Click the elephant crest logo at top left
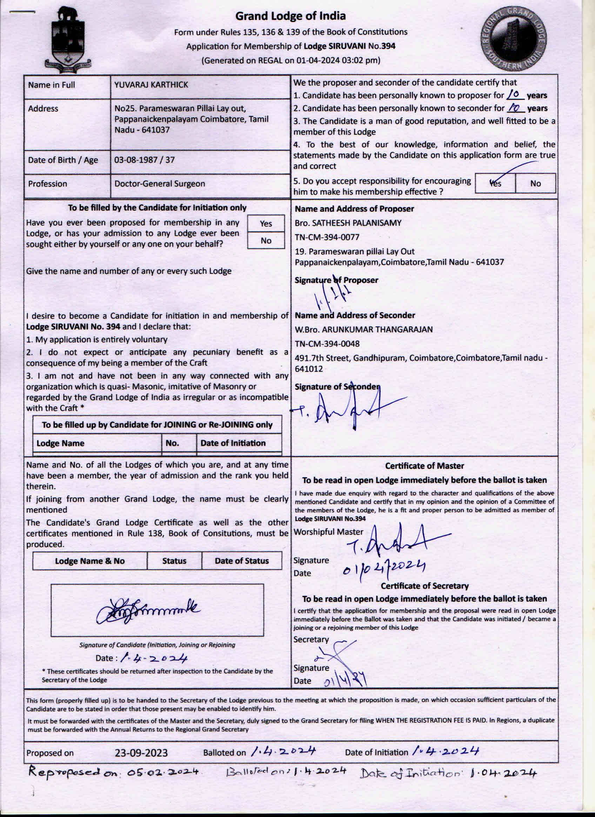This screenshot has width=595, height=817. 68,38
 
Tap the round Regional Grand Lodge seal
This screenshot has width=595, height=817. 514,39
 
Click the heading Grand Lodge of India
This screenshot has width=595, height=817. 290,16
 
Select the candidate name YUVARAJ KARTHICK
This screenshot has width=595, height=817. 151,85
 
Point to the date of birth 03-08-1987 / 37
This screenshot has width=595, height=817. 144,160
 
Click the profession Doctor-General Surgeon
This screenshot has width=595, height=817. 159,183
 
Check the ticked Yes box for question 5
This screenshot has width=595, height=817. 495,183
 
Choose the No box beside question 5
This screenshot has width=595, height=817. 535,183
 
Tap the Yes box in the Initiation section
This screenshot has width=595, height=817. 266,223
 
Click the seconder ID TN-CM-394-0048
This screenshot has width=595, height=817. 327,344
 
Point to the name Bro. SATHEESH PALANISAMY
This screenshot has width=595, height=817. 348,223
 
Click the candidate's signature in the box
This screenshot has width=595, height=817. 148,610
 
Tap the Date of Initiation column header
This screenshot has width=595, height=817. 233,443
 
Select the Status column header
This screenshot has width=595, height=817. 174,561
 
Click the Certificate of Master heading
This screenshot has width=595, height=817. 424,466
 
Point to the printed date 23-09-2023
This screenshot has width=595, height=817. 141,753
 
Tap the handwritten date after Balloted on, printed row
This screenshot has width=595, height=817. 283,751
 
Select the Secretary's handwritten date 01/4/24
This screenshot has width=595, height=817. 345,681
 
